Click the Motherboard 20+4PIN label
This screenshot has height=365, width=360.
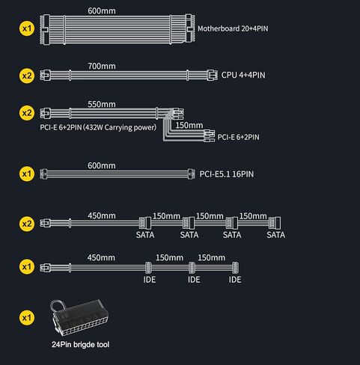tap(233, 28)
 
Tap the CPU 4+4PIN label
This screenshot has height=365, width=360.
tap(243, 75)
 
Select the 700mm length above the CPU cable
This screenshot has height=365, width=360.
tap(102, 66)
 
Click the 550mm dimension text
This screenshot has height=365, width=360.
tap(102, 104)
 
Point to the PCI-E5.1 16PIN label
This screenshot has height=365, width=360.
tap(227, 174)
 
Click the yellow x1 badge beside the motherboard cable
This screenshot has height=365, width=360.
tap(27, 28)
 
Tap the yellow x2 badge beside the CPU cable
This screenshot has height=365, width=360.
tap(27, 76)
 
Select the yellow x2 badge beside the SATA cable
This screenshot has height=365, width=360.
tap(27, 224)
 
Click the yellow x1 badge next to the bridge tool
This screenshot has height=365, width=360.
tap(27, 318)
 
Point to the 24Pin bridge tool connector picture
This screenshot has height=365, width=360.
tap(79, 317)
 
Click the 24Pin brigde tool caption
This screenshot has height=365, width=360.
tap(80, 345)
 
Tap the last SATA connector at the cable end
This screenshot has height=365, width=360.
tap(275, 223)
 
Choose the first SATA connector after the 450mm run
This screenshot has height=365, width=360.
tap(145, 223)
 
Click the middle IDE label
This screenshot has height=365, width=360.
tap(194, 280)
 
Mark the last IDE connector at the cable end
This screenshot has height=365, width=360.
tap(235, 268)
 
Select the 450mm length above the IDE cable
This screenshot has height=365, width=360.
tap(101, 257)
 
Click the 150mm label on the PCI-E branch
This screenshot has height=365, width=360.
tap(189, 125)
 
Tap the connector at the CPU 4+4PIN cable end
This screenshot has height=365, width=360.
tap(212, 75)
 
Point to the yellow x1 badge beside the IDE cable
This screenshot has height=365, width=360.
tap(27, 267)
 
